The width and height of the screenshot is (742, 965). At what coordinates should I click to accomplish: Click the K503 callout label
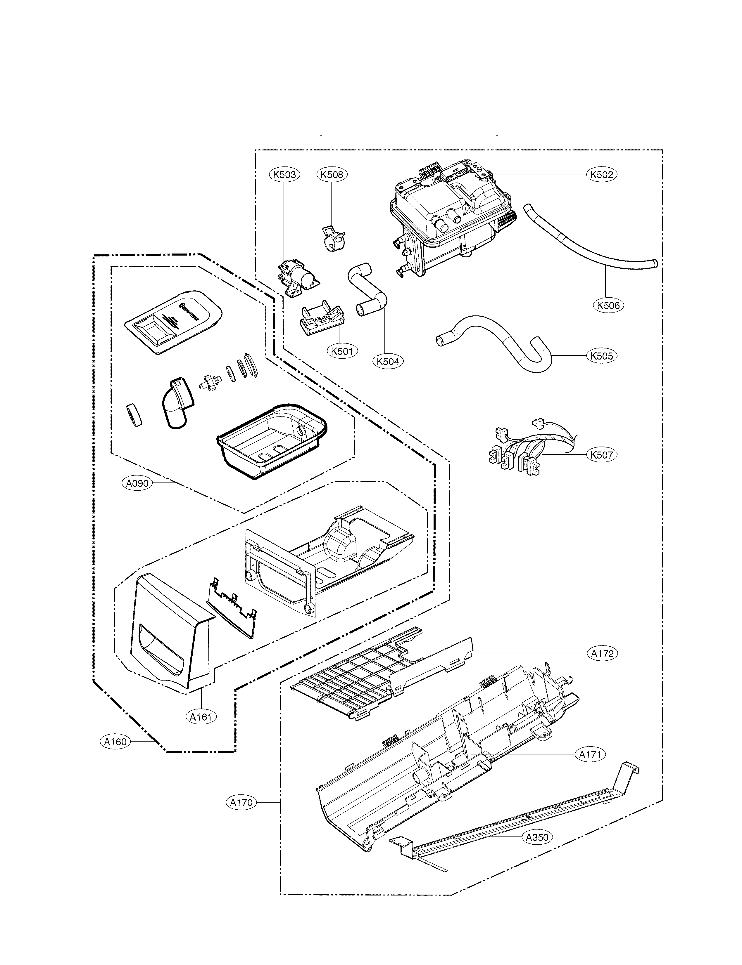tap(284, 175)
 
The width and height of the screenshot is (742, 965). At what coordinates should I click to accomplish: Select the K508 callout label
tap(332, 175)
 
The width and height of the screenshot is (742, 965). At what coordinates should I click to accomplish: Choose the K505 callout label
tap(602, 356)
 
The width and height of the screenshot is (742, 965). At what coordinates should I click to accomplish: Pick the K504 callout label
tap(388, 361)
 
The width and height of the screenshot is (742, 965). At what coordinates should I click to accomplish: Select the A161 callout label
tap(201, 717)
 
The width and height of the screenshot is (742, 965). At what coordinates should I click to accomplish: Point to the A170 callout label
tap(241, 803)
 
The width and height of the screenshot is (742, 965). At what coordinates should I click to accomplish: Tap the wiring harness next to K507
tap(530, 450)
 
